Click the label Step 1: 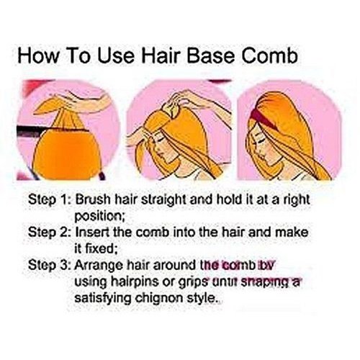pos(49,197)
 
